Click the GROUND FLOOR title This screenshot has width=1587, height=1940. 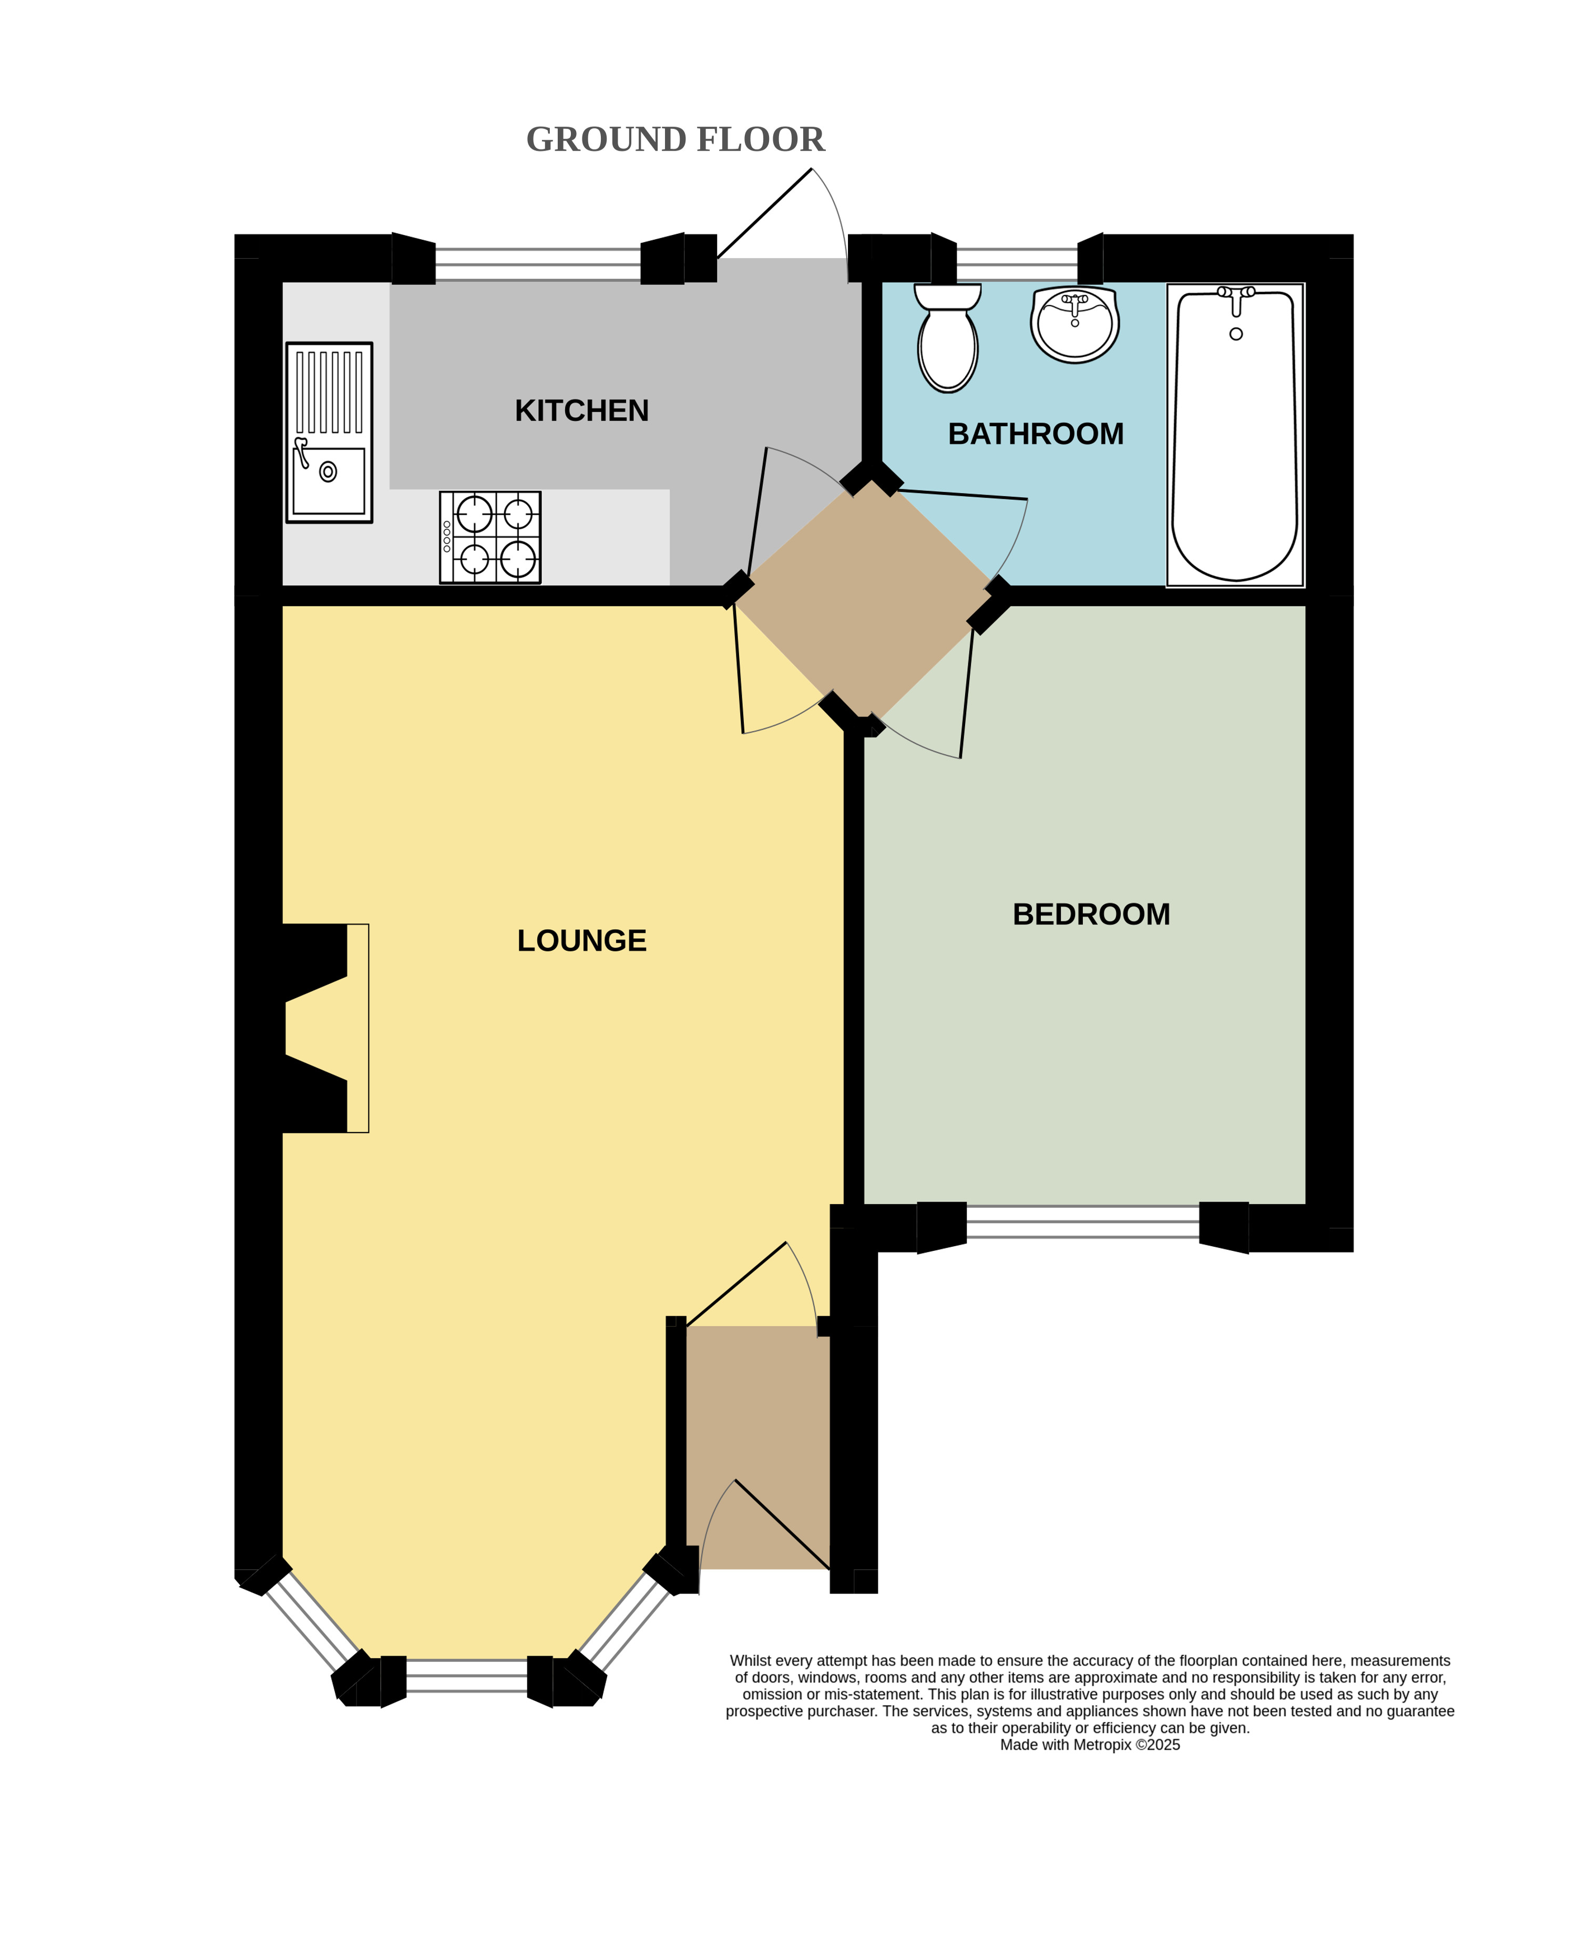click(675, 140)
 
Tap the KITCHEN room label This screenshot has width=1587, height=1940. click(581, 411)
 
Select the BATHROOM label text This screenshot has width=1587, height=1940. click(1036, 434)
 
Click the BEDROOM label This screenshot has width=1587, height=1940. click(1091, 914)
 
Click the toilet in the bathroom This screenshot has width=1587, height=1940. click(948, 337)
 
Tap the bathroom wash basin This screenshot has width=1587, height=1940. click(1075, 324)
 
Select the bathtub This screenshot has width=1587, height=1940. click(1235, 435)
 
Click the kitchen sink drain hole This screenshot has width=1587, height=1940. click(328, 471)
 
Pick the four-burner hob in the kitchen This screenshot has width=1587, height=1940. click(490, 537)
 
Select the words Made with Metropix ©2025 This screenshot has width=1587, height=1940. click(1090, 1744)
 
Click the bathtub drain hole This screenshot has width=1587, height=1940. click(1236, 334)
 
